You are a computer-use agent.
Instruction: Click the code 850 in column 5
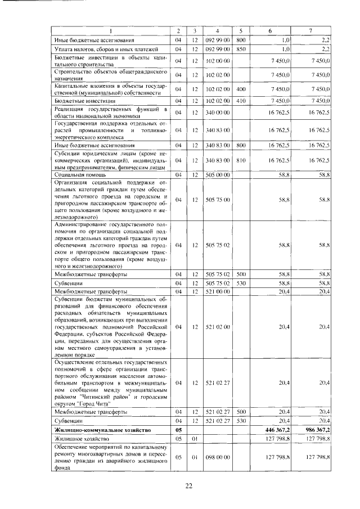241,49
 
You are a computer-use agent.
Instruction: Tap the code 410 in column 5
241,101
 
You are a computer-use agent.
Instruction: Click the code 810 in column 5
241,160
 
